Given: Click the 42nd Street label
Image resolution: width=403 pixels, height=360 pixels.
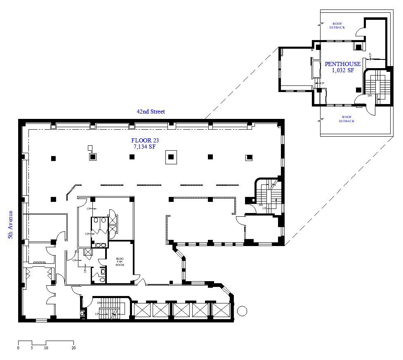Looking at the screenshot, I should coord(151,111).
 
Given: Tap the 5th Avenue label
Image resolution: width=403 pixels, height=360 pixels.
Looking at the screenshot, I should coord(10,225).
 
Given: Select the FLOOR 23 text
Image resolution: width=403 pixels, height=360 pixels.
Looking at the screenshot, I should coord(145,140).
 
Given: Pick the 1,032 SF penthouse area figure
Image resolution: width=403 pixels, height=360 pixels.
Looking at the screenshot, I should coord(343,70).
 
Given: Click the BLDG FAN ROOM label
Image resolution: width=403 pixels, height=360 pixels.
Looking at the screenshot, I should coord(120,262).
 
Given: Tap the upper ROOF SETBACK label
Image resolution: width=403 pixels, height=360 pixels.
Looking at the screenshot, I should coord(337,25).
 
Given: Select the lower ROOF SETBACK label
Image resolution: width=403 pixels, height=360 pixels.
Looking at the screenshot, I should coord(346,119).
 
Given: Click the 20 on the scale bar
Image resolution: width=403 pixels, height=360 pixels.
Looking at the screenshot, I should coord(73,348).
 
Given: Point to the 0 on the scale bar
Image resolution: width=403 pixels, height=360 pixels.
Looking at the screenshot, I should coord(18,348).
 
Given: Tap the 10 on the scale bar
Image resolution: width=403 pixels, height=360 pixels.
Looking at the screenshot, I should coord(46,348).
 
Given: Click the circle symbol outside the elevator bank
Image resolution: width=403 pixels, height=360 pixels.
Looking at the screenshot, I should coord(242,310).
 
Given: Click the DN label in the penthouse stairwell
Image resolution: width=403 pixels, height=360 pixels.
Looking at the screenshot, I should coord(370,96).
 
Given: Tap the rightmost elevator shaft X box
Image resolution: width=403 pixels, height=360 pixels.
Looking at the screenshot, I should coord(221,310).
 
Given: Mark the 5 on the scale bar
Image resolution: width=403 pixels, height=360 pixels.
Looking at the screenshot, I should coord(32,348).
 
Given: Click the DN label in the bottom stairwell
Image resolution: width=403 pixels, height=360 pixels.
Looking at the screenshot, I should coord(99,303).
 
